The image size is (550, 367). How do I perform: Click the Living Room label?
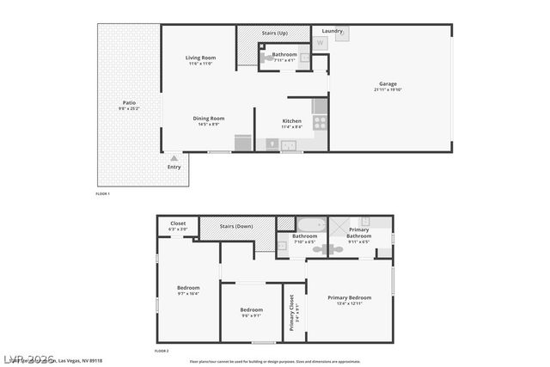coord(199,58)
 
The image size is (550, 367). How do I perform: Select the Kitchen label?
coord(291,121)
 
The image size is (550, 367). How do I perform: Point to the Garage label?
coord(388,84)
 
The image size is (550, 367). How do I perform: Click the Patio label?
coord(128,103)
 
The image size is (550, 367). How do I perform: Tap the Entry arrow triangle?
coord(174,158)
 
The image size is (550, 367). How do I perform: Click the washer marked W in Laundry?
coord(321,42)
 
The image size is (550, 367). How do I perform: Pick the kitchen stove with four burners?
coord(320,123)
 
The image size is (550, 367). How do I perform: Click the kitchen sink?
coord(290,144)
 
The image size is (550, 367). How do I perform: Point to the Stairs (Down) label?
coord(238,226)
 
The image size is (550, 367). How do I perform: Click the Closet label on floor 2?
coord(177,223)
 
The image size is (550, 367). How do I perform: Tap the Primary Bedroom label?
coord(350,297)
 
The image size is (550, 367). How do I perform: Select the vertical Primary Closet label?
coord(293,312)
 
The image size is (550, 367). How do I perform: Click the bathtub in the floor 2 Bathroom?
coord(309,225)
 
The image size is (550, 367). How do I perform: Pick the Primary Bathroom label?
coord(359,232)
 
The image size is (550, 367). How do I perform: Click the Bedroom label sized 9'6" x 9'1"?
coord(251,309)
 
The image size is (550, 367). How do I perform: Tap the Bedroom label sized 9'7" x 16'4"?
coord(188,287)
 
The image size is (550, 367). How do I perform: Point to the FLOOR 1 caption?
coord(102,194)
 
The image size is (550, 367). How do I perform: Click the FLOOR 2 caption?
coord(162,352)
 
